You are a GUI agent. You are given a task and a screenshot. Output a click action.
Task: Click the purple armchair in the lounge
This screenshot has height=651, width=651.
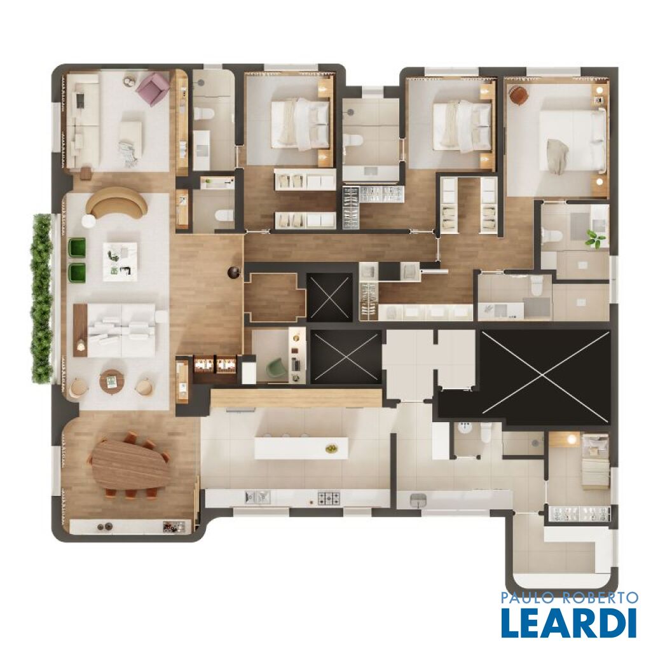(153, 88)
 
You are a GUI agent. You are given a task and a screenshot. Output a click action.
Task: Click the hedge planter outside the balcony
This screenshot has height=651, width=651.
(42, 298)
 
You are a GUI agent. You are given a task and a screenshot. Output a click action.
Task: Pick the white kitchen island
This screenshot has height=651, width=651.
(301, 448)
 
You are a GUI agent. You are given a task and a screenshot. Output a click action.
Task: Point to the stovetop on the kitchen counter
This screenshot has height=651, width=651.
(329, 498)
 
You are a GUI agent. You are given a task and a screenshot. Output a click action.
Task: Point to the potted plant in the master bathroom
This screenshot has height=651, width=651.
(594, 240)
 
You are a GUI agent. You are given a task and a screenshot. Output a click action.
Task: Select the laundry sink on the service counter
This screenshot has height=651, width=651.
(419, 500)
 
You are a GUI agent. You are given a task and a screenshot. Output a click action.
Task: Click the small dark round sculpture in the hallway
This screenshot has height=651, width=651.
(233, 272)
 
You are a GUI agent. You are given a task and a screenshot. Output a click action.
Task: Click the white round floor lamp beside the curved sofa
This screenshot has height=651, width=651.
(88, 221)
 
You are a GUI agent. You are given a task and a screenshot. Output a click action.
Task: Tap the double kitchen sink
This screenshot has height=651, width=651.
(257, 497)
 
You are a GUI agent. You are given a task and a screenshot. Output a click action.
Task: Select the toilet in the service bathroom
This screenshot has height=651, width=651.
(486, 434)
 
